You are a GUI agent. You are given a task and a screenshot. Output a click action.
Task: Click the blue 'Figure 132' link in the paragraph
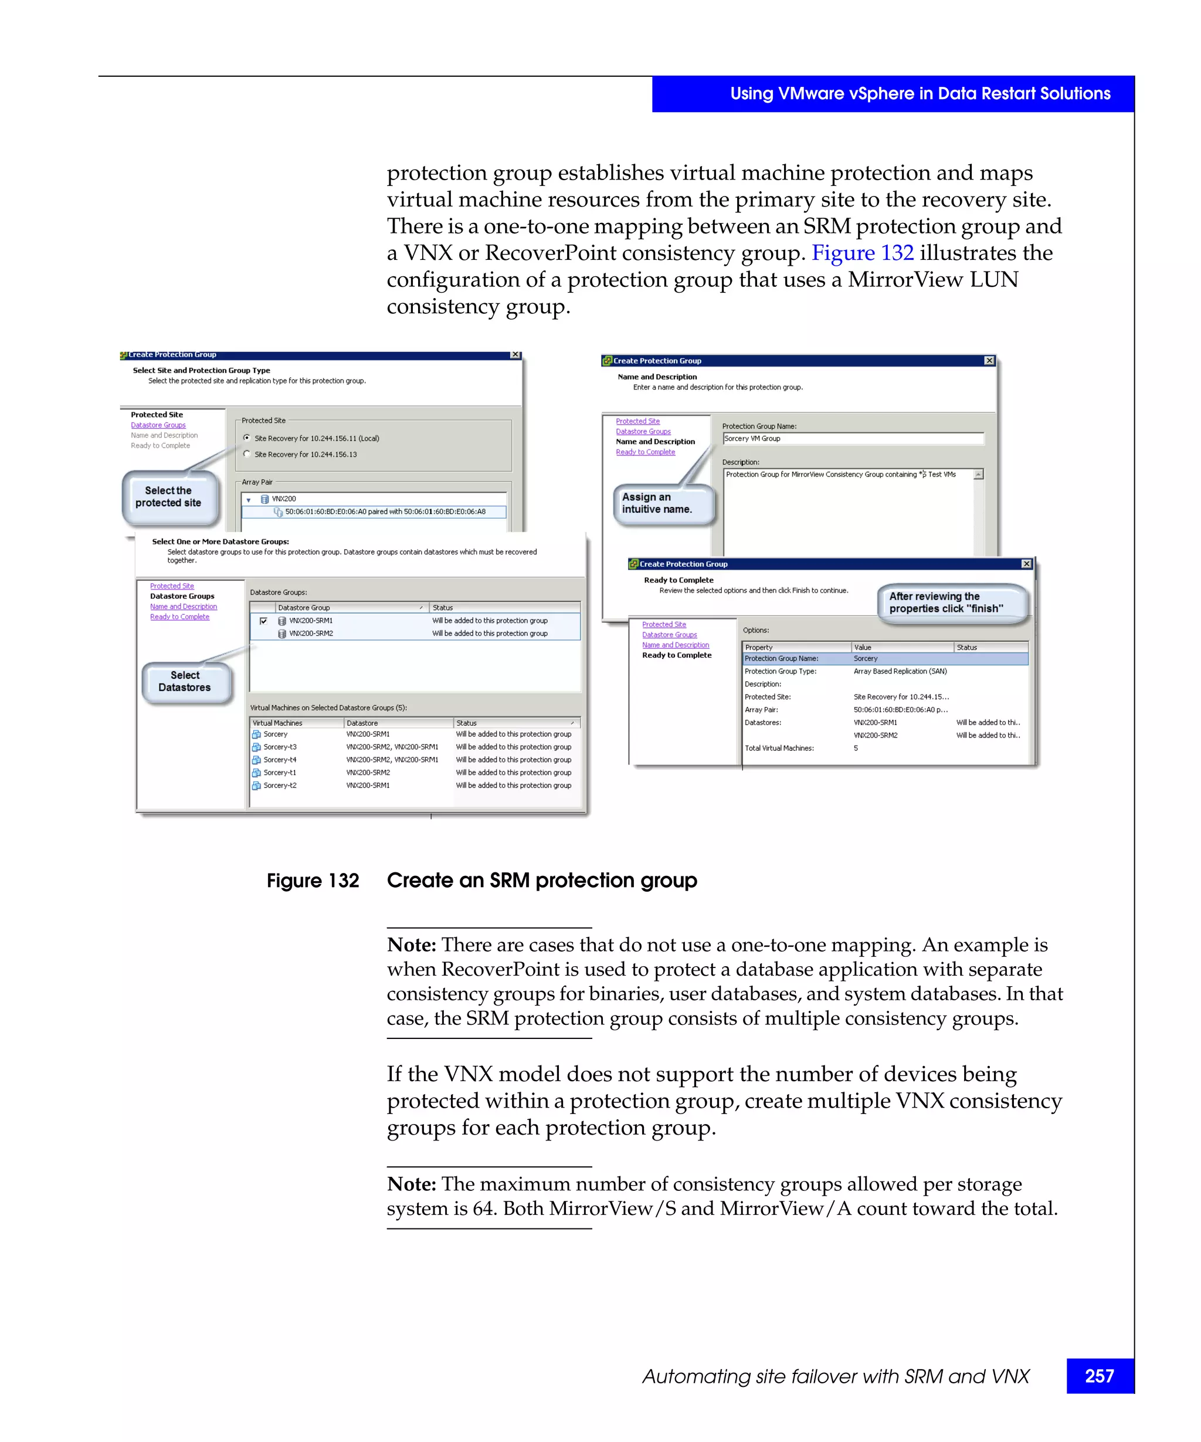pos(862,253)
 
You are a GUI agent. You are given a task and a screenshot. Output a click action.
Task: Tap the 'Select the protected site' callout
pos(169,496)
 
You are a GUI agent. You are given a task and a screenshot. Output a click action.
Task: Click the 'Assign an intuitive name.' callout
pos(657,503)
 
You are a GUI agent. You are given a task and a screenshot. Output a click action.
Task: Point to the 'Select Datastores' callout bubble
pos(185,681)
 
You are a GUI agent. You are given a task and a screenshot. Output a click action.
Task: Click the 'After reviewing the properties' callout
pos(947,602)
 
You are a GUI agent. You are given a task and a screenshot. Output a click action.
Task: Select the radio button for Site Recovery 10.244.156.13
pos(247,454)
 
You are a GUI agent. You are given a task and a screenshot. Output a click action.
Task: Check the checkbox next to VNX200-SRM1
pos(263,621)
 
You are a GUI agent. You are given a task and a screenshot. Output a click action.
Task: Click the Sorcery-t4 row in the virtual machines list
pos(280,760)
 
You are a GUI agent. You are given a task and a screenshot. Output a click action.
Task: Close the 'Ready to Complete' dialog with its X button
pos(1026,564)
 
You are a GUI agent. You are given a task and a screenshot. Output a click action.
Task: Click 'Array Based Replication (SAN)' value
pos(900,671)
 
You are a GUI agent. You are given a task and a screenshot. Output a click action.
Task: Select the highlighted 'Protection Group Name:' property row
pos(782,658)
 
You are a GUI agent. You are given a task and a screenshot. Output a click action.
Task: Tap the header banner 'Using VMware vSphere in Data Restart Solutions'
pos(920,94)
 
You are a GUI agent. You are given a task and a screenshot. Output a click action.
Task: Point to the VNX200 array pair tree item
pos(283,499)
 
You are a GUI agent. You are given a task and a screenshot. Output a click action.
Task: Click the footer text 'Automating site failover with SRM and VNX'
pos(835,1376)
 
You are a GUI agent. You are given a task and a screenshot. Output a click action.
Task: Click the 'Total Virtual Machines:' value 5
pos(856,749)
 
